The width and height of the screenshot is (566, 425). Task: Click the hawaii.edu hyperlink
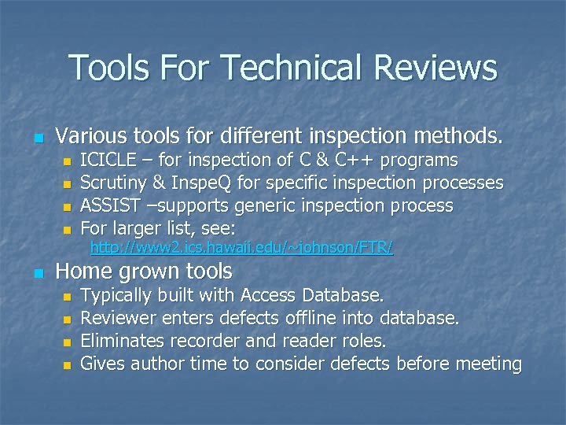(x=242, y=249)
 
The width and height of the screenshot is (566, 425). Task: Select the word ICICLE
(x=107, y=161)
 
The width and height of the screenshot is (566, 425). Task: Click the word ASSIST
(x=108, y=206)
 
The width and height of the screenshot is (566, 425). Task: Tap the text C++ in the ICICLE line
(x=357, y=161)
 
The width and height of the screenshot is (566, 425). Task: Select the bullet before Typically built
(x=67, y=297)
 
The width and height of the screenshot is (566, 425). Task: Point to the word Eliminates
(x=122, y=341)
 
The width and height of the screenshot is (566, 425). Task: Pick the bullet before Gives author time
(x=67, y=365)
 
